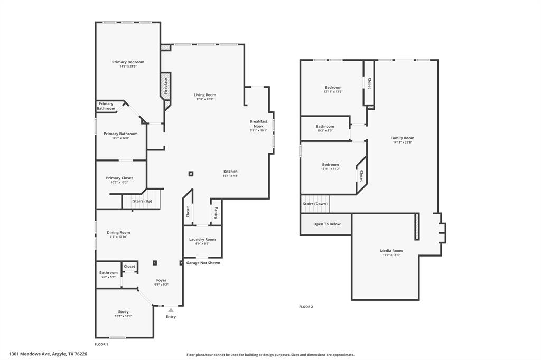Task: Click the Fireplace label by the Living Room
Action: click(165, 86)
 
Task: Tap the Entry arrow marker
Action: click(171, 310)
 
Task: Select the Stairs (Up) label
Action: click(142, 201)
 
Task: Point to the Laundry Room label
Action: click(202, 239)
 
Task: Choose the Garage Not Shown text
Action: click(203, 263)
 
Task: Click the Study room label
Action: click(123, 311)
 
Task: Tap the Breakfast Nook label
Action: click(258, 124)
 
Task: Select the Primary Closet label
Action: click(119, 178)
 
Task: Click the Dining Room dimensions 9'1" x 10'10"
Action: click(118, 237)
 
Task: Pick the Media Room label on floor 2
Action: click(391, 251)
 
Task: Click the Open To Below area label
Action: click(327, 224)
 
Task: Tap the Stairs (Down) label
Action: click(315, 204)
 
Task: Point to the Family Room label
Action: click(402, 138)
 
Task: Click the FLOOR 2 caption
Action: click(306, 307)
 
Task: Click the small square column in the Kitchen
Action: click(191, 173)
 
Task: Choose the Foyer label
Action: click(161, 280)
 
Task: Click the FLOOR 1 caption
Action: click(101, 344)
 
